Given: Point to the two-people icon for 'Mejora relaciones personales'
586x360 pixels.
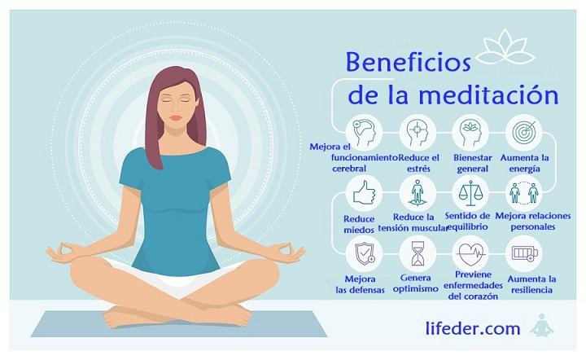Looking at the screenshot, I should [x=522, y=193].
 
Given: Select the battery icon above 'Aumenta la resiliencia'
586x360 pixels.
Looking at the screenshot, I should [x=522, y=254].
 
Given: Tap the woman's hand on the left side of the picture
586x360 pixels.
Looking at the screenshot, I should [x=63, y=252].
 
